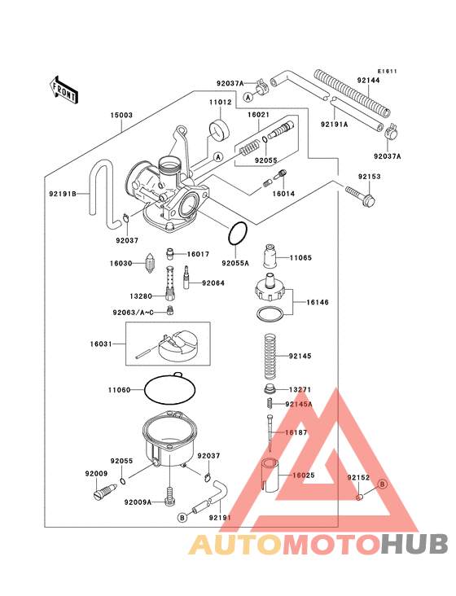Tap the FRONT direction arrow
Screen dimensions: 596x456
click(x=64, y=89)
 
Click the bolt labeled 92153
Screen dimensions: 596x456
click(x=358, y=194)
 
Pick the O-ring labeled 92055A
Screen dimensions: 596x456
click(x=237, y=234)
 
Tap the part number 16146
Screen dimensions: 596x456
click(x=318, y=302)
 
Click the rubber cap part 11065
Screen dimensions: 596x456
click(x=270, y=259)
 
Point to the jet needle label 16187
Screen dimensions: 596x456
click(x=296, y=432)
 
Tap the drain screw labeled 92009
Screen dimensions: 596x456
click(x=101, y=491)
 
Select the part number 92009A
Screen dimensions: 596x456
click(x=138, y=502)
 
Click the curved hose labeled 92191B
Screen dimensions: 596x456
click(x=103, y=194)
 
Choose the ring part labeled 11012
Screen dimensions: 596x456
click(x=219, y=129)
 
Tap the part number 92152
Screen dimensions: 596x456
click(x=358, y=478)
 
